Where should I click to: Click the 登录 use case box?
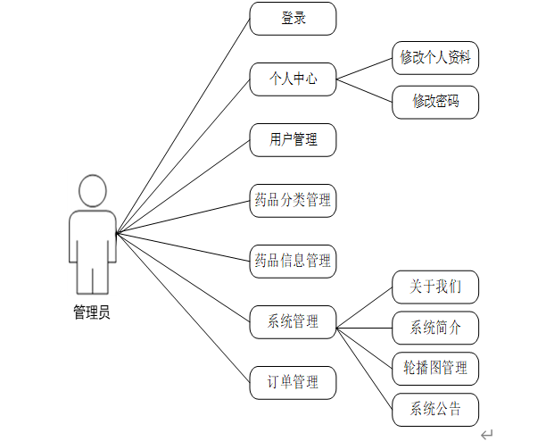tap(293, 19)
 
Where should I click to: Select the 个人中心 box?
tap(293, 79)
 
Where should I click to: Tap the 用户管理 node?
tap(293, 140)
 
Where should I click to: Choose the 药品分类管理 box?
tap(293, 201)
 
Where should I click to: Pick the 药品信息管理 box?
tap(293, 262)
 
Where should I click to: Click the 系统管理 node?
tap(293, 322)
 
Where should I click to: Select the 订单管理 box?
tap(293, 383)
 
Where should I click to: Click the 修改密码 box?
tap(435, 102)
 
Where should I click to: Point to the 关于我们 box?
tap(435, 287)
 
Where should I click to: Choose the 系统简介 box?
tap(435, 328)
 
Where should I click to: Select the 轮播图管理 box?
tap(435, 368)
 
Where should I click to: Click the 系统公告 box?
tap(435, 410)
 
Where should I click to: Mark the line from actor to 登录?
tap(183, 126)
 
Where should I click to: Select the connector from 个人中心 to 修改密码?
tap(364, 90)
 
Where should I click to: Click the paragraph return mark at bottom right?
tap(487, 434)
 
